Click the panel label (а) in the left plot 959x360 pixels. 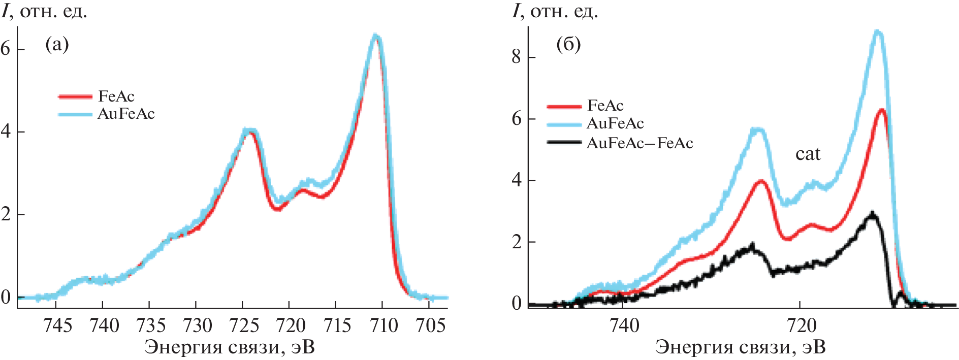[x=56, y=45]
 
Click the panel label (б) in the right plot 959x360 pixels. [x=568, y=45]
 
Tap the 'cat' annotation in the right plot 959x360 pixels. [x=808, y=154]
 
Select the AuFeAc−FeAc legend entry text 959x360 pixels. [x=640, y=143]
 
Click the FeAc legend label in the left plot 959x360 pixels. [x=116, y=96]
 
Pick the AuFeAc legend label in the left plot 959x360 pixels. [x=126, y=114]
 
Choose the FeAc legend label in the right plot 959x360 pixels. [x=605, y=106]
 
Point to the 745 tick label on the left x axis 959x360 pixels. [x=58, y=325]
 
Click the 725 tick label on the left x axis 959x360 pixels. [x=244, y=325]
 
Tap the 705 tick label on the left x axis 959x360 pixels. [x=430, y=325]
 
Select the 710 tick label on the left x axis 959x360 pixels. [x=384, y=325]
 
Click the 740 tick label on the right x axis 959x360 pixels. [x=624, y=325]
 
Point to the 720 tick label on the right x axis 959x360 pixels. [x=801, y=325]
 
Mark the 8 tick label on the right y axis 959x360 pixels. [x=517, y=56]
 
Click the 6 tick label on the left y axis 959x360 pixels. [x=6, y=49]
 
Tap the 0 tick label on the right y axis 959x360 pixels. [x=517, y=304]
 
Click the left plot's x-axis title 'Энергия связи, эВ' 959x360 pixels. [x=229, y=347]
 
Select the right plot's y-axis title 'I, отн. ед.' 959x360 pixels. [x=555, y=11]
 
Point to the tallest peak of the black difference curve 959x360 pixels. [x=872, y=214]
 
